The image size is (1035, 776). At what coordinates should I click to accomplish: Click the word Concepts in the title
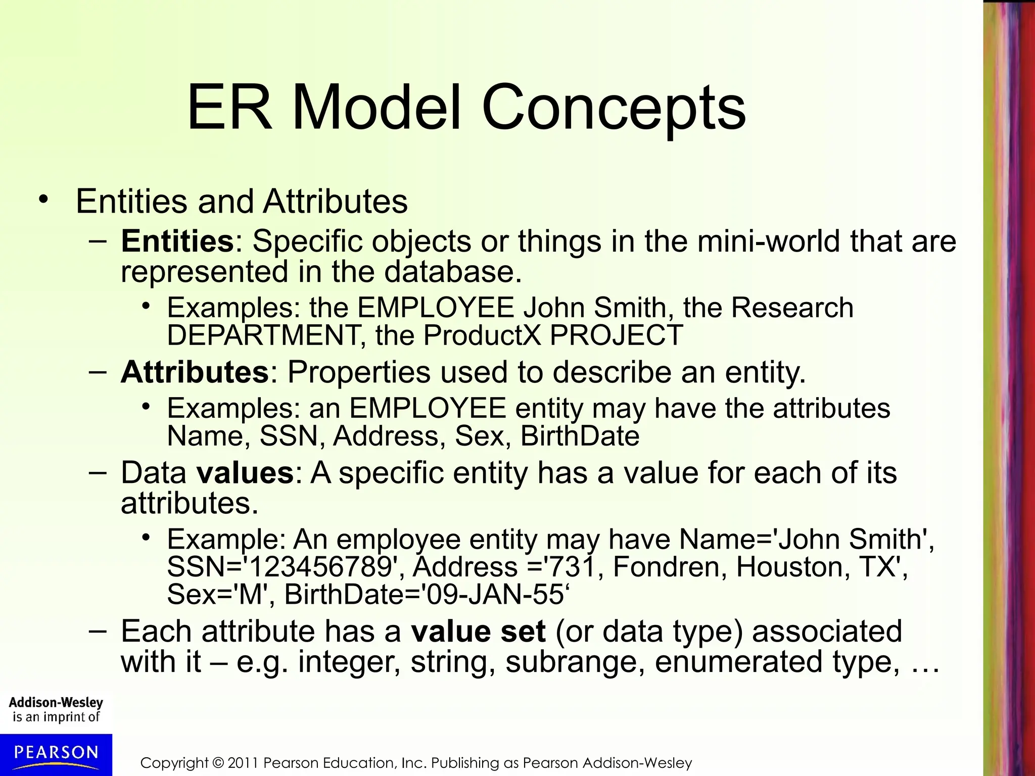[614, 109]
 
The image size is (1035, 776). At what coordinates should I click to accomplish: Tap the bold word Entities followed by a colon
[177, 241]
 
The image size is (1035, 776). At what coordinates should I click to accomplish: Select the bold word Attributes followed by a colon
[195, 372]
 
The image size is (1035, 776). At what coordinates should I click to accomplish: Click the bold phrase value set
[478, 632]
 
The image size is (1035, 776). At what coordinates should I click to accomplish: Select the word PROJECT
[617, 335]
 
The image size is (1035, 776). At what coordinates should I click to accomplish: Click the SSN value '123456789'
[323, 567]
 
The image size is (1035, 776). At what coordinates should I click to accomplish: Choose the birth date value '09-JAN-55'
[495, 594]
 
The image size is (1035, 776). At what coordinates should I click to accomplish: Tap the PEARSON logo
[56, 753]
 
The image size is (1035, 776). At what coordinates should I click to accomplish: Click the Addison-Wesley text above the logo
[56, 702]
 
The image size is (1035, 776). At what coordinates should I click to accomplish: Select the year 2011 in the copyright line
[243, 763]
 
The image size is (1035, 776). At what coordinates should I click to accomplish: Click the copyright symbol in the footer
[218, 763]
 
